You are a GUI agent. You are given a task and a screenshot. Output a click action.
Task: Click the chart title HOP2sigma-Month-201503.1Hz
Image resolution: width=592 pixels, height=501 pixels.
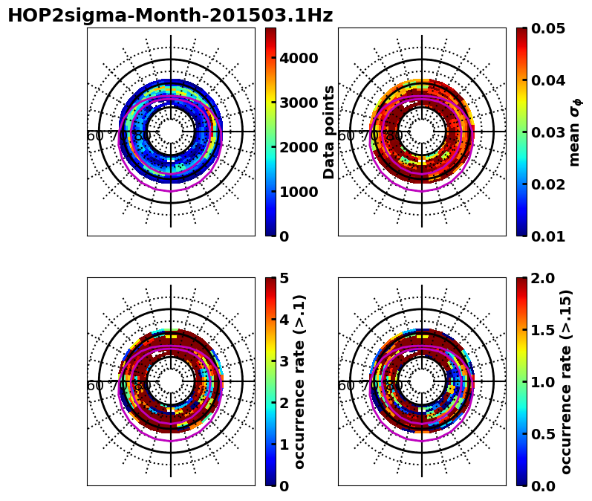coord(170,16)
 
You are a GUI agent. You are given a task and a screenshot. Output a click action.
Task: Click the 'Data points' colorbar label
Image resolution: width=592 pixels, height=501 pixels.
coord(329,132)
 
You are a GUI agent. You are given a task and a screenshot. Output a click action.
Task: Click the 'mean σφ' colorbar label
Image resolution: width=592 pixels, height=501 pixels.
coord(575,132)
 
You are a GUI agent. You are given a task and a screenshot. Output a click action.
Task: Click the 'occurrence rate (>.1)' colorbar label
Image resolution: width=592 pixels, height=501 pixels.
coord(300,381)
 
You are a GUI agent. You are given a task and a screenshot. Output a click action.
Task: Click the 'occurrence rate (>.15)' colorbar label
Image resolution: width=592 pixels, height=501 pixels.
coord(566,381)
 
